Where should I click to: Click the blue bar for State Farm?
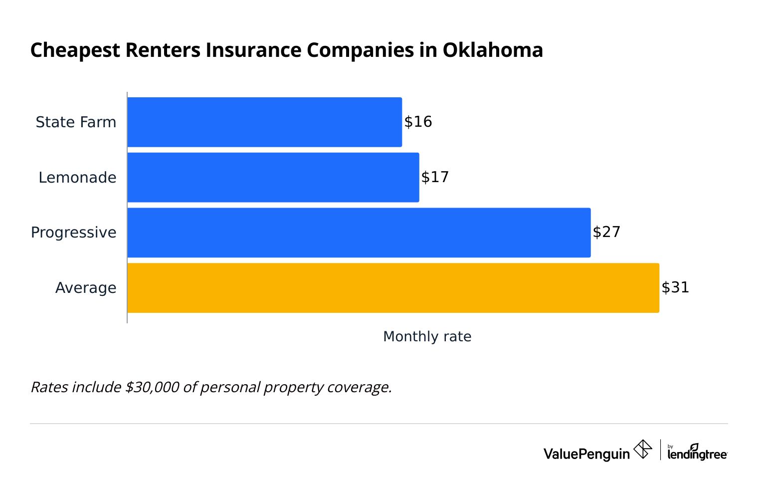[x=264, y=122]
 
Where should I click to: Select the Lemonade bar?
[x=273, y=177]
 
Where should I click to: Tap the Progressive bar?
[x=359, y=233]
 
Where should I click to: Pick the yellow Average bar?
[x=393, y=288]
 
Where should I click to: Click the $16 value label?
[x=418, y=122]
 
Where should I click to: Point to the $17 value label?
[x=435, y=177]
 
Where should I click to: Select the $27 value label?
[x=606, y=232]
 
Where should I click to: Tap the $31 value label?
[x=675, y=287]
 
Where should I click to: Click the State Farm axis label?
[x=76, y=122]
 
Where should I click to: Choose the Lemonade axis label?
[x=77, y=178]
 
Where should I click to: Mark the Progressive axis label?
[x=73, y=233]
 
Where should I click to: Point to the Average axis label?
[x=86, y=288]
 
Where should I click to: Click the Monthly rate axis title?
[x=427, y=337]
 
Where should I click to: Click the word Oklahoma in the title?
[x=493, y=50]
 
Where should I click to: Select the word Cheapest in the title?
[x=75, y=50]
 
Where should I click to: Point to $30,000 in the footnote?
[x=152, y=387]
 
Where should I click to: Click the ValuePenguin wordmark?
[x=586, y=454]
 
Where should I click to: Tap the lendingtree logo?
[x=697, y=452]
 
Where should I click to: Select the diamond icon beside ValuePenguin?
[x=642, y=449]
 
